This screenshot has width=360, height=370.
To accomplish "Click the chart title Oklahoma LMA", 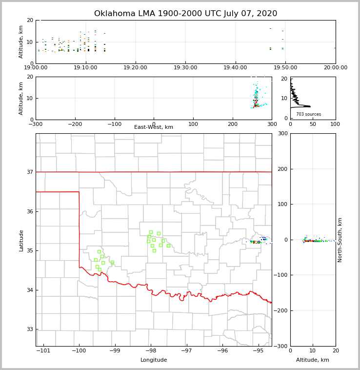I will (x=185, y=14).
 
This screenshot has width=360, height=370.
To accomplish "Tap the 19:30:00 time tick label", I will (x=186, y=68).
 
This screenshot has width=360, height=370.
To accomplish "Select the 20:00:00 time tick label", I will (x=336, y=68).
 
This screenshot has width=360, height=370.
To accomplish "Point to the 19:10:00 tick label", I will (x=86, y=68).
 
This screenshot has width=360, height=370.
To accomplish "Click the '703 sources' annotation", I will (x=308, y=114).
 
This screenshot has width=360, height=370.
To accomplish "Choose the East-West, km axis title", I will (x=154, y=127).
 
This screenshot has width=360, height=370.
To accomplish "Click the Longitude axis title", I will (x=154, y=360).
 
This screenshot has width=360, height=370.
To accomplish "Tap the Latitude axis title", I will (x=21, y=240).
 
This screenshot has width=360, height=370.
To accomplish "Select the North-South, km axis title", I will (x=340, y=240).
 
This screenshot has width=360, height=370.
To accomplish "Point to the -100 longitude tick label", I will (x=79, y=351).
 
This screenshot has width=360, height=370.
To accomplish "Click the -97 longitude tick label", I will (x=187, y=351).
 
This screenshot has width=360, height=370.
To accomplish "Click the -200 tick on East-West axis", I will (x=75, y=124).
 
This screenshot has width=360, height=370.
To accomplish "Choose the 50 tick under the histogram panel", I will (x=313, y=124).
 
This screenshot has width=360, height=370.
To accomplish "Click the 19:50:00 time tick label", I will (x=286, y=68).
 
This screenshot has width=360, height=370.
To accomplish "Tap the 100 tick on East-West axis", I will (x=193, y=124).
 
